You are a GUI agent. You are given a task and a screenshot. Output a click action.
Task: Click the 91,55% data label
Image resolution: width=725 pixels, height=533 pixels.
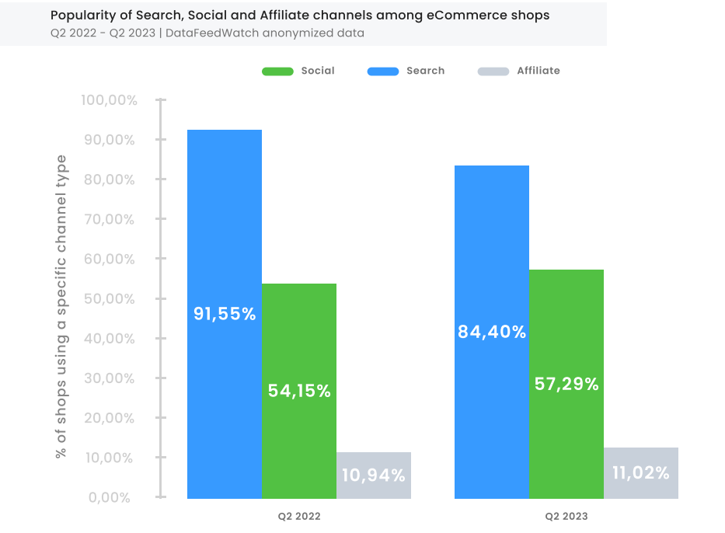click(x=225, y=314)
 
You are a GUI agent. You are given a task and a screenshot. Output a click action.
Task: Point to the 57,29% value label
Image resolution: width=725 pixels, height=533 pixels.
click(x=566, y=384)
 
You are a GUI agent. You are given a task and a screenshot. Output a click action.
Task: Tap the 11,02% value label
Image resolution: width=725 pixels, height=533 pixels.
click(x=641, y=473)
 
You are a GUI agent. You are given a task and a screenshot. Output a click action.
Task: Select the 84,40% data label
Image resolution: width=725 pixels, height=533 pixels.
click(x=492, y=332)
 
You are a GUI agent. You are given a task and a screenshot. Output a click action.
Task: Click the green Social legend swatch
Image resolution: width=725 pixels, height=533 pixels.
click(x=277, y=71)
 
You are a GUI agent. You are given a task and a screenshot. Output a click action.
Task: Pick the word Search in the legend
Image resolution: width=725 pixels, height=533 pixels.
click(x=425, y=71)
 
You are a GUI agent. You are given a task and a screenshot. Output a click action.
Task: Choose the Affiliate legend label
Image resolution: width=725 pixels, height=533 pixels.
click(x=538, y=71)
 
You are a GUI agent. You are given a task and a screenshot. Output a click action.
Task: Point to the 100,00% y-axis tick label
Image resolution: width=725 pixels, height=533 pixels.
click(x=109, y=100)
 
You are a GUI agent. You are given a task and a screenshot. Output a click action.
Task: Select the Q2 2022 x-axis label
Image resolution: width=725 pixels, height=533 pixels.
click(x=299, y=516)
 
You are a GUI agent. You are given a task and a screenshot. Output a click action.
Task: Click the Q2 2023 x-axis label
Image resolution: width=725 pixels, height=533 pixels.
click(x=566, y=516)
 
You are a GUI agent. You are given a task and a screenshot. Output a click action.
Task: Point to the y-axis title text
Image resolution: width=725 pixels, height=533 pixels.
click(x=61, y=306)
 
